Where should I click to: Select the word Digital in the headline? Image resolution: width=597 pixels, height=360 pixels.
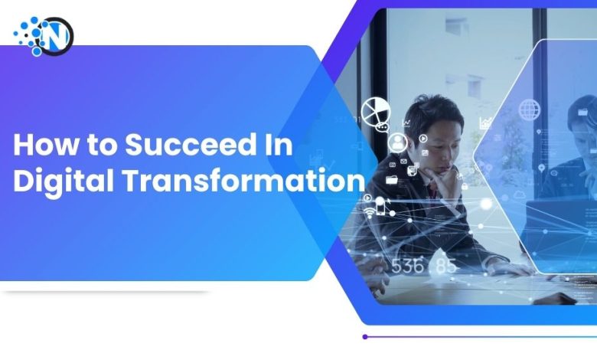pos(55,181)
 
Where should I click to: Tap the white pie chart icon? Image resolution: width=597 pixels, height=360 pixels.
pos(375,111)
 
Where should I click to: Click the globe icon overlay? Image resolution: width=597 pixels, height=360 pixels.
pos(529,109)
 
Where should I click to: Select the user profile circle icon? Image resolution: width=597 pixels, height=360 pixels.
pos(397,142)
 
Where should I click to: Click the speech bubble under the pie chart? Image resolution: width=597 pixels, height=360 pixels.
pos(381,126)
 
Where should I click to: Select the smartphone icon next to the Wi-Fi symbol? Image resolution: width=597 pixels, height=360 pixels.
pos(380,205)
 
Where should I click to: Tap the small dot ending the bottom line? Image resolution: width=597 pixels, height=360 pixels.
pos(365,336)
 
